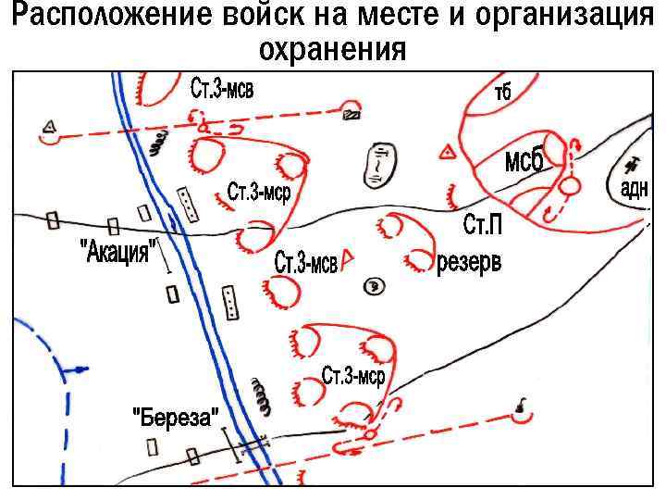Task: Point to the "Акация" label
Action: click(x=116, y=249)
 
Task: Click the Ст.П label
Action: click(x=483, y=224)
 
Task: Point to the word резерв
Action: click(x=469, y=262)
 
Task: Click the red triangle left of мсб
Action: click(x=447, y=152)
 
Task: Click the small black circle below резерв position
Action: click(x=374, y=286)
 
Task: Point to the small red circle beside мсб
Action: click(x=571, y=186)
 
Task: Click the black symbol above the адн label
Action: click(x=634, y=165)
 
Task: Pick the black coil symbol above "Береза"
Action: click(x=265, y=397)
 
